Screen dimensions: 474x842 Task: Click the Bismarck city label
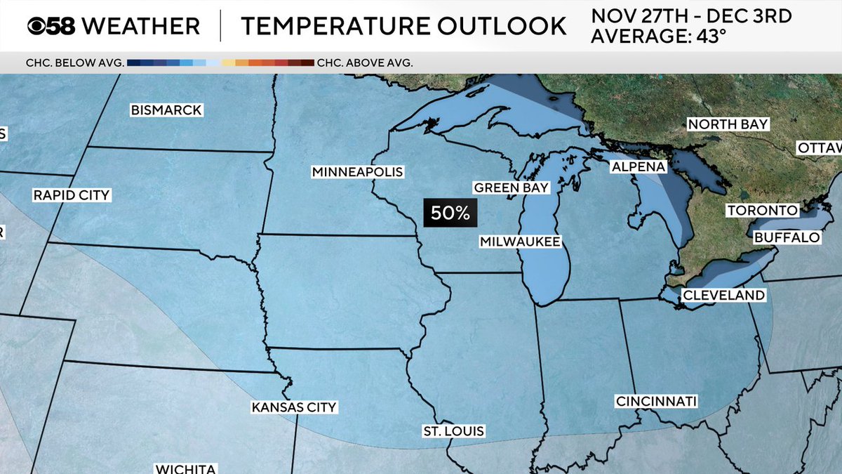click(x=166, y=110)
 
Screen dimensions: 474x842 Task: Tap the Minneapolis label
click(x=358, y=172)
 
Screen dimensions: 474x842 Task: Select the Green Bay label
click(x=511, y=187)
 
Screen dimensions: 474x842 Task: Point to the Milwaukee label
click(x=520, y=242)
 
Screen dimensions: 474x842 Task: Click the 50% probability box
click(x=450, y=213)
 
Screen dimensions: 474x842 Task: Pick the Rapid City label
click(x=72, y=195)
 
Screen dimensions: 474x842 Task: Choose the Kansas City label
click(x=295, y=407)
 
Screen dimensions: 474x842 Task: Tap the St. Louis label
click(x=453, y=430)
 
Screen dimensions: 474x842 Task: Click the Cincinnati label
click(x=656, y=402)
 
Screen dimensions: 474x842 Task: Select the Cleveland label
click(x=723, y=296)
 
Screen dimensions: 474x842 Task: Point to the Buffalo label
click(x=787, y=238)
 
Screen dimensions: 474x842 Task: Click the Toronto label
click(x=762, y=211)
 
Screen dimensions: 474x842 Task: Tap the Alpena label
click(x=638, y=167)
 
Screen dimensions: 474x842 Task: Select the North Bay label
click(x=728, y=124)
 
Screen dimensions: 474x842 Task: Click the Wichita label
click(x=185, y=468)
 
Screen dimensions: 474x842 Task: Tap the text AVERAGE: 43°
click(x=658, y=37)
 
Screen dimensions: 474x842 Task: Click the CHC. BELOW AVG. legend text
click(x=75, y=62)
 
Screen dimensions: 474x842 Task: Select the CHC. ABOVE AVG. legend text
click(x=365, y=62)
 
